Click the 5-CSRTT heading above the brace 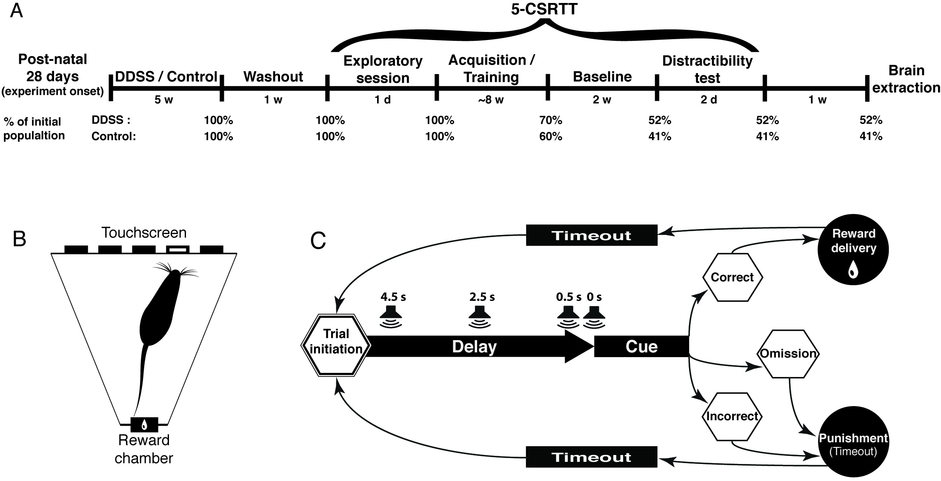coord(544,9)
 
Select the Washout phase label coord(273,77)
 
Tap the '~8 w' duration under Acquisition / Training coord(491,100)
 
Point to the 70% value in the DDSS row coord(551,121)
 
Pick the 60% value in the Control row coord(551,137)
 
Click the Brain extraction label coord(906,79)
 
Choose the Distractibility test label coord(707,69)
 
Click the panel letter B coord(19,239)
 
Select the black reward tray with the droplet coord(144,424)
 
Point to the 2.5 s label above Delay coord(482,297)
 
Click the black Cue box coord(641,346)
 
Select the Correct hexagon coord(732,278)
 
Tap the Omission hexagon coord(788,354)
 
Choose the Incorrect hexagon coord(732,416)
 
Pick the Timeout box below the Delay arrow coord(592,457)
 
